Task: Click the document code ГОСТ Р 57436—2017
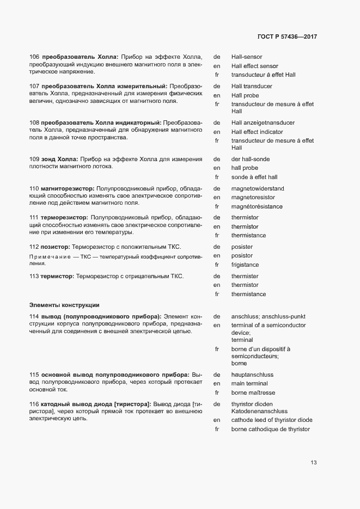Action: pos(287,36)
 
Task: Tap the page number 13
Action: pos(314,463)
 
